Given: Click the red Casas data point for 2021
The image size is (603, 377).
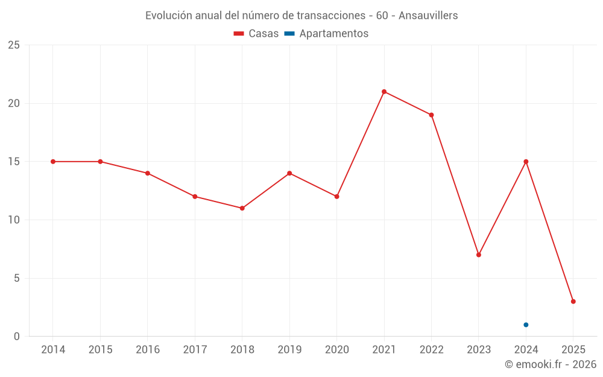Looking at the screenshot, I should pos(384,92).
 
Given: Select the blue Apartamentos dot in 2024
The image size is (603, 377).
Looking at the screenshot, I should pos(526,325).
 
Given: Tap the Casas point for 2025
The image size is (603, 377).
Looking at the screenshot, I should pos(573,302).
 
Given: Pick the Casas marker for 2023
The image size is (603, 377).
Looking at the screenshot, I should pos(479,255).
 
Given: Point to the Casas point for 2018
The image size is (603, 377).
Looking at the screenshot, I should pos(242,208).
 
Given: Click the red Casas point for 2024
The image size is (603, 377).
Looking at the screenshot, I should pos(526,162).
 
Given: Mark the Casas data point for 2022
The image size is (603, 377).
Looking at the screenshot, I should pos(431,115).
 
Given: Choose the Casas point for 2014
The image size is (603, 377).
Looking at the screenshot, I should pos(53,162).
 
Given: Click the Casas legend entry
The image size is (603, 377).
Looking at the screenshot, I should pos(256,34).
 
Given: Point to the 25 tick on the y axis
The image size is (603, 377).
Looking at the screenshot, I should pos(14,45).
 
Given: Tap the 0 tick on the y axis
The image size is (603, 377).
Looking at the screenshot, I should pos(17,337).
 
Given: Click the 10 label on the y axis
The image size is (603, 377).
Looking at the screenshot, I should pos(14,220).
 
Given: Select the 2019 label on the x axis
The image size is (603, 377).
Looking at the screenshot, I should pos(289,350).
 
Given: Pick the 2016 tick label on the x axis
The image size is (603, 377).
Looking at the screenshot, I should pos(148,350).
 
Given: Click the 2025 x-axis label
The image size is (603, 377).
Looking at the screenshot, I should pos(573,350).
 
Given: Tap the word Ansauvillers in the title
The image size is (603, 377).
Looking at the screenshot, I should pos(429,16).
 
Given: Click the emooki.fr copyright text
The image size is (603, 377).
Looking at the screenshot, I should pos(551,364).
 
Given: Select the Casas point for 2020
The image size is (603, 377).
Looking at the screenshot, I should pos(336,197).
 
